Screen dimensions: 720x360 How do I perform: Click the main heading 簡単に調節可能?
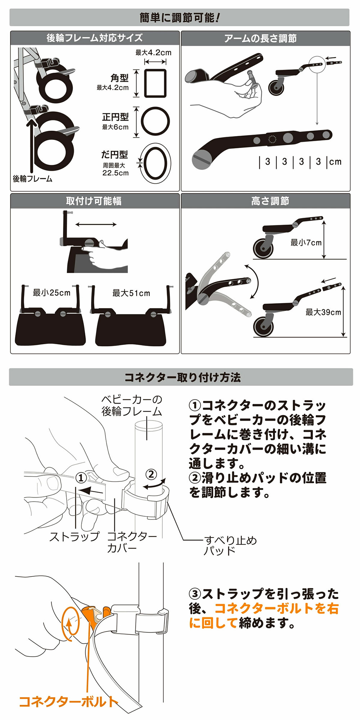point(179,18)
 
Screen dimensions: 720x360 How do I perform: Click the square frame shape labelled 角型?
point(155,83)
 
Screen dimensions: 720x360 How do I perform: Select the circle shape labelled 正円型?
point(155,121)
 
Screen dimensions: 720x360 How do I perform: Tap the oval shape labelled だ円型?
point(155,163)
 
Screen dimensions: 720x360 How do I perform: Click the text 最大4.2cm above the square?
point(153,53)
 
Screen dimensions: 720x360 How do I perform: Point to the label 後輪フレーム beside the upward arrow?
point(32,179)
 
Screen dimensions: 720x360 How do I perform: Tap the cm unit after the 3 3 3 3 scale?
point(335,162)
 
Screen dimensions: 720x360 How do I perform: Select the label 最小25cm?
point(51,293)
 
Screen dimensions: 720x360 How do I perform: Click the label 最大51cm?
point(131,293)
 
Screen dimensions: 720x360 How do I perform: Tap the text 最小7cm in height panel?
point(306,243)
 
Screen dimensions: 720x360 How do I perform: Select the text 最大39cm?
point(323,312)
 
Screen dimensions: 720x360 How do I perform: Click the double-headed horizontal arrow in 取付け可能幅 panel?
point(96,224)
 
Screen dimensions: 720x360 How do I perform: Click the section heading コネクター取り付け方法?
point(182,377)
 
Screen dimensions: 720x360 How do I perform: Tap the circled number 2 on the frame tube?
point(151,474)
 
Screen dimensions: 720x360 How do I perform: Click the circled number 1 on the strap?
point(81,478)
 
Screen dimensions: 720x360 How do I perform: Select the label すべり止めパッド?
point(230,545)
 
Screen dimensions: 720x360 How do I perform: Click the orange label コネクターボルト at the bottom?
point(68,701)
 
